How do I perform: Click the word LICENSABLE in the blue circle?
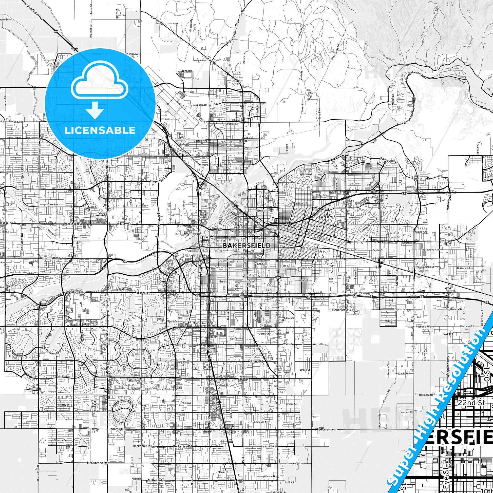point(100,130)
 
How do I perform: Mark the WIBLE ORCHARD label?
point(244,378)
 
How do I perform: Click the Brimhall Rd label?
point(51,258)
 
